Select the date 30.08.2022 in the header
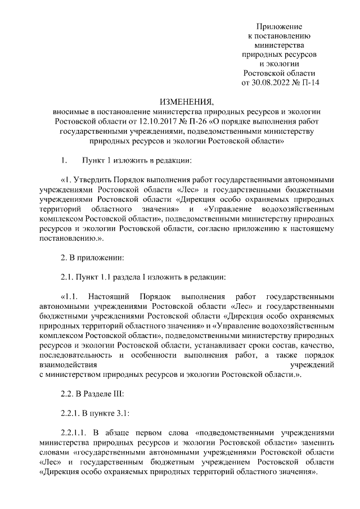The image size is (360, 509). pyautogui.click(x=269, y=83)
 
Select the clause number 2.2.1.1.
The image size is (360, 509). pyautogui.click(x=76, y=433)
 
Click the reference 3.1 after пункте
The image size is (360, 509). pyautogui.click(x=123, y=414)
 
